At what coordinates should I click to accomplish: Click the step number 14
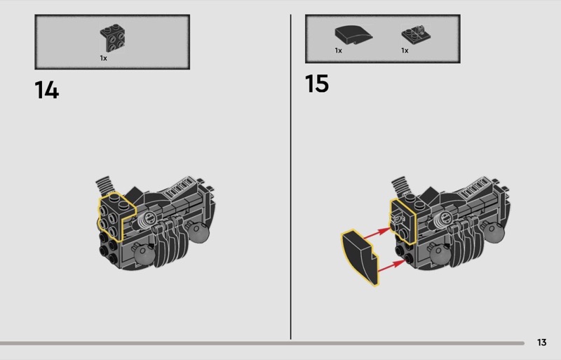[46, 90]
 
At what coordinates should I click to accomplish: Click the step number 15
[317, 84]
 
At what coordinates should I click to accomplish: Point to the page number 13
[541, 342]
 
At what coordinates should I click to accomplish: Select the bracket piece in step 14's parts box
[112, 38]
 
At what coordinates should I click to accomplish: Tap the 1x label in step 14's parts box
[103, 58]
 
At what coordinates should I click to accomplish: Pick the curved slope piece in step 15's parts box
[353, 35]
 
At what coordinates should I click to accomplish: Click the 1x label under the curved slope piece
[339, 51]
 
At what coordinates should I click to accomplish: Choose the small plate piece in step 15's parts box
[416, 34]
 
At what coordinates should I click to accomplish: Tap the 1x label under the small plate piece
[405, 51]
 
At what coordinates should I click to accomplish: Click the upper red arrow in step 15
[378, 232]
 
